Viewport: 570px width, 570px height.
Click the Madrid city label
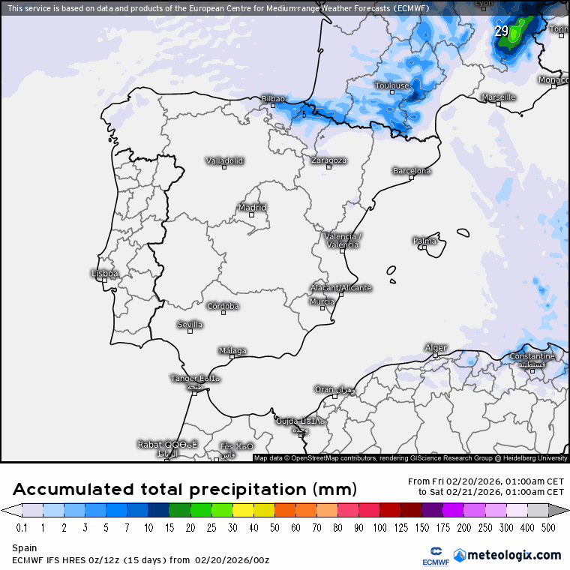[252, 208]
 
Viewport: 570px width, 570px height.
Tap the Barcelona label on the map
[412, 171]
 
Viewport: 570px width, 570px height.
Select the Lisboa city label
[104, 274]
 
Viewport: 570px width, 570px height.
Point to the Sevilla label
[190, 325]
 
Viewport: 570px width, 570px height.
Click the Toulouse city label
[391, 85]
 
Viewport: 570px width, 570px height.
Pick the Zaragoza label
[328, 160]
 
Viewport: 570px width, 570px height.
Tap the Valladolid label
[224, 160]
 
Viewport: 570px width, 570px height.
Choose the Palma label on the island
[424, 241]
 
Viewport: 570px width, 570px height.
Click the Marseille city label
[498, 97]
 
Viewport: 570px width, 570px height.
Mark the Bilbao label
[273, 99]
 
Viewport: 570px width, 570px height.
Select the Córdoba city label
[223, 306]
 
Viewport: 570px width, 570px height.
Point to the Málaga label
[232, 351]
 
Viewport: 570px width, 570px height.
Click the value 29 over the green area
[501, 31]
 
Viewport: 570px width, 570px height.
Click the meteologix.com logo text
[513, 555]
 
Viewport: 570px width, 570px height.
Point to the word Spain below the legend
[25, 548]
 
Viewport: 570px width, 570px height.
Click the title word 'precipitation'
[247, 490]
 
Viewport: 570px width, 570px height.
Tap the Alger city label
[436, 348]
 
